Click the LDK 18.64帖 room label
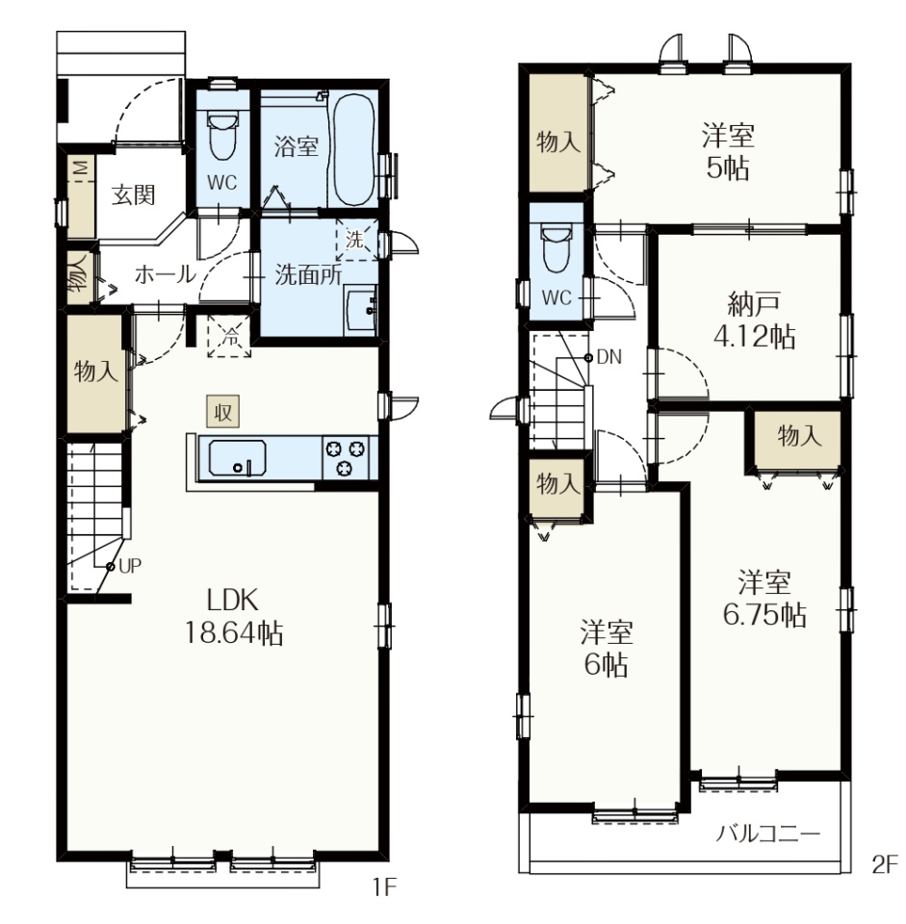(233, 617)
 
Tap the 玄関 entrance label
(134, 194)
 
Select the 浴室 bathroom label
(296, 146)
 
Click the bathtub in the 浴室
(353, 150)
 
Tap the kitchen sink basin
(237, 458)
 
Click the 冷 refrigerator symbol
(229, 336)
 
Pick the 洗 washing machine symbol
(356, 240)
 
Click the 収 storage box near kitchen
(222, 411)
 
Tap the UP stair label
(130, 566)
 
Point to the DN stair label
(608, 356)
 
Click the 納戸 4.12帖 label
(755, 321)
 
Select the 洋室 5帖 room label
(728, 152)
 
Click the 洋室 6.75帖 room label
(764, 599)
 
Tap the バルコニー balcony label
(768, 834)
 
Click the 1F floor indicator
(384, 886)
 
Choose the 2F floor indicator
(884, 865)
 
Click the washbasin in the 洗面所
(359, 310)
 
